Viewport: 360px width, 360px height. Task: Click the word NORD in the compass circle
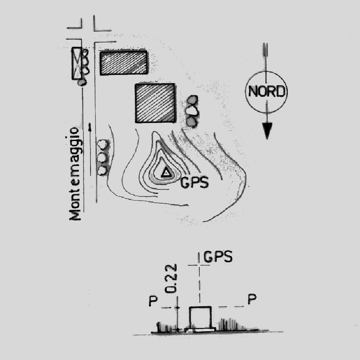(x=267, y=91)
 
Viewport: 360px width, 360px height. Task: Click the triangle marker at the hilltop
(x=166, y=172)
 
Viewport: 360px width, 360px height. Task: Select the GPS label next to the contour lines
(x=194, y=182)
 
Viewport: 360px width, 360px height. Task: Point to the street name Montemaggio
(x=75, y=173)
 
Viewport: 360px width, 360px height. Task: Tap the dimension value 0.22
(x=170, y=278)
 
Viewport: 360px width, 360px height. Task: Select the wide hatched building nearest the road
(x=123, y=63)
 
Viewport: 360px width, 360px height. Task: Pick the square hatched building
(x=155, y=103)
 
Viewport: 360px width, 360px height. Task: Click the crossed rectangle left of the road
(x=76, y=63)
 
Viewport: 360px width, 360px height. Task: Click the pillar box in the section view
(x=200, y=317)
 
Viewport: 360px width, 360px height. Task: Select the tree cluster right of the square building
(x=192, y=111)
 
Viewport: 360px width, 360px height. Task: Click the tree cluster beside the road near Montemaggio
(x=103, y=158)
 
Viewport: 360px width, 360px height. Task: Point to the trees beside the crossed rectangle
(x=85, y=63)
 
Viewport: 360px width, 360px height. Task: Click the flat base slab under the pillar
(x=200, y=330)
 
